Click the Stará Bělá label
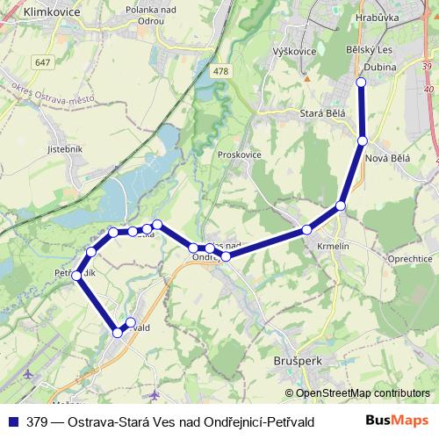click(x=322, y=112)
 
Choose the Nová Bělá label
click(x=387, y=157)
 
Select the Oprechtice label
click(x=409, y=259)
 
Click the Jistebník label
click(x=64, y=148)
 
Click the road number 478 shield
click(x=220, y=72)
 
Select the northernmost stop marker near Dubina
click(x=361, y=82)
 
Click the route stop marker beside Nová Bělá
click(x=362, y=140)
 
